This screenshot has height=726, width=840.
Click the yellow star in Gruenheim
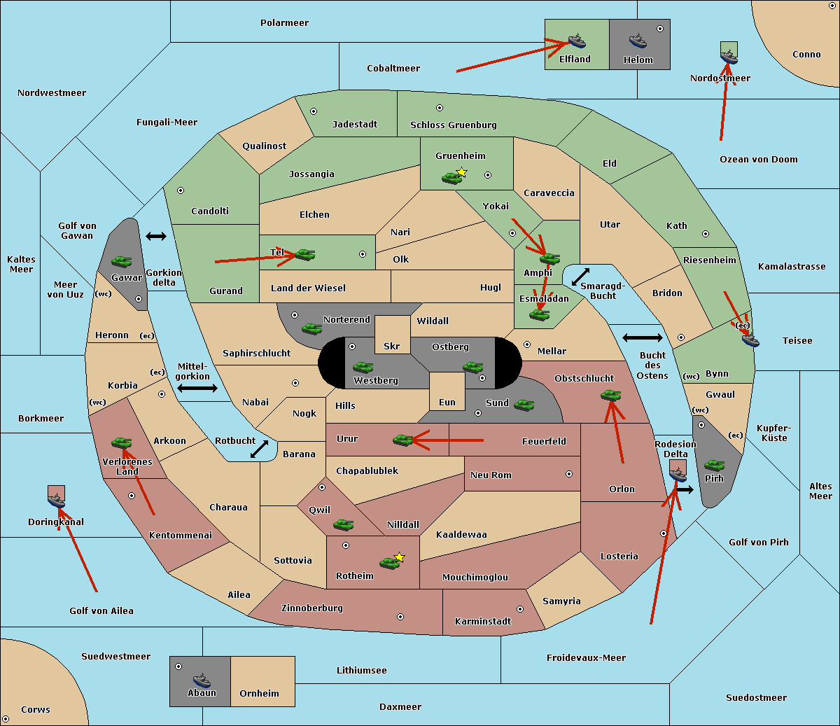pos(461,172)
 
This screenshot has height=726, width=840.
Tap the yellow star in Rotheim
pos(399,557)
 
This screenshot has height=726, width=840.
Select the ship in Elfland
pos(576,41)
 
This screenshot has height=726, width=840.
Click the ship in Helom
pos(637,41)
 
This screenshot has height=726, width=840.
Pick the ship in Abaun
pos(202,680)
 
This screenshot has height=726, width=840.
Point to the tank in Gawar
pos(121,261)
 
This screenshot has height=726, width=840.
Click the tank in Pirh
pos(714,466)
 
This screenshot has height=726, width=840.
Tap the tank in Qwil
pos(343,524)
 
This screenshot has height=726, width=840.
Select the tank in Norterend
pos(311,328)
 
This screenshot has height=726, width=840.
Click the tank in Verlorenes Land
pos(121,442)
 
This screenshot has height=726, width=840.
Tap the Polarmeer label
pos(284,23)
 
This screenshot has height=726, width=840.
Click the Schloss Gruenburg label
pos(453,125)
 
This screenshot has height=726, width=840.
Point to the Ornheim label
pos(259,694)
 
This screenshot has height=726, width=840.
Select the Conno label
pos(806,55)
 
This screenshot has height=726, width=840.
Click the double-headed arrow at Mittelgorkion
pos(197,388)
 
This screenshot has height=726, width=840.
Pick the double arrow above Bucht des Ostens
pos(642,338)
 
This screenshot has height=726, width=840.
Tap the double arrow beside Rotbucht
pos(259,449)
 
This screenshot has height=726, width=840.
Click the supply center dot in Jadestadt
pos(314,111)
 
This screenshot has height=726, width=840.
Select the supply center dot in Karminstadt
pos(519,609)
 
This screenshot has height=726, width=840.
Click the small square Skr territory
pos(392,335)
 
